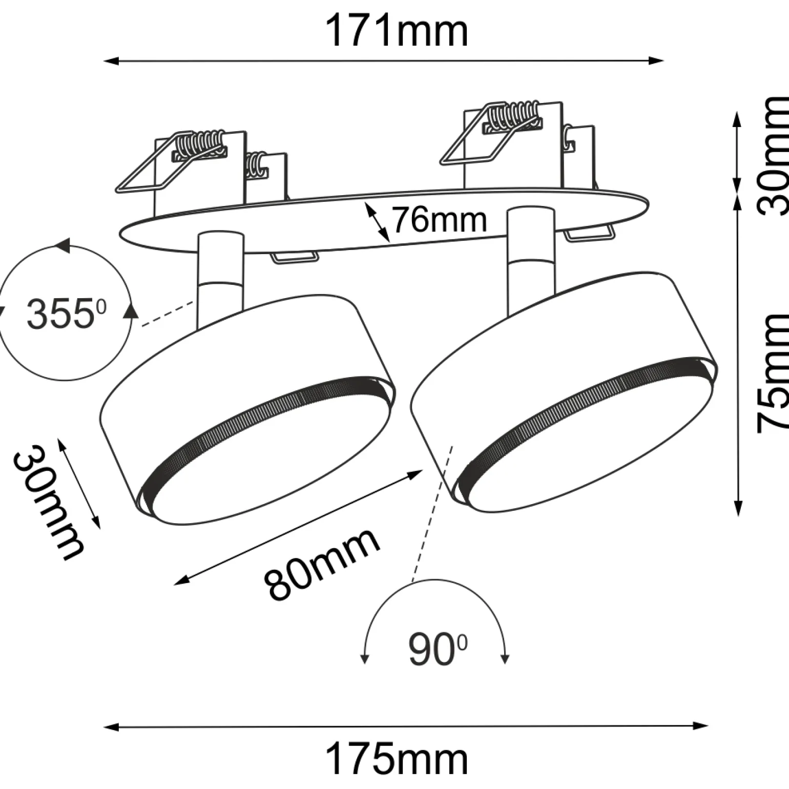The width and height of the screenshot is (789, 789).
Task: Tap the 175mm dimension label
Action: [397, 759]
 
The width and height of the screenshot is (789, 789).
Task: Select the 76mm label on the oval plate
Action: [439, 220]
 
